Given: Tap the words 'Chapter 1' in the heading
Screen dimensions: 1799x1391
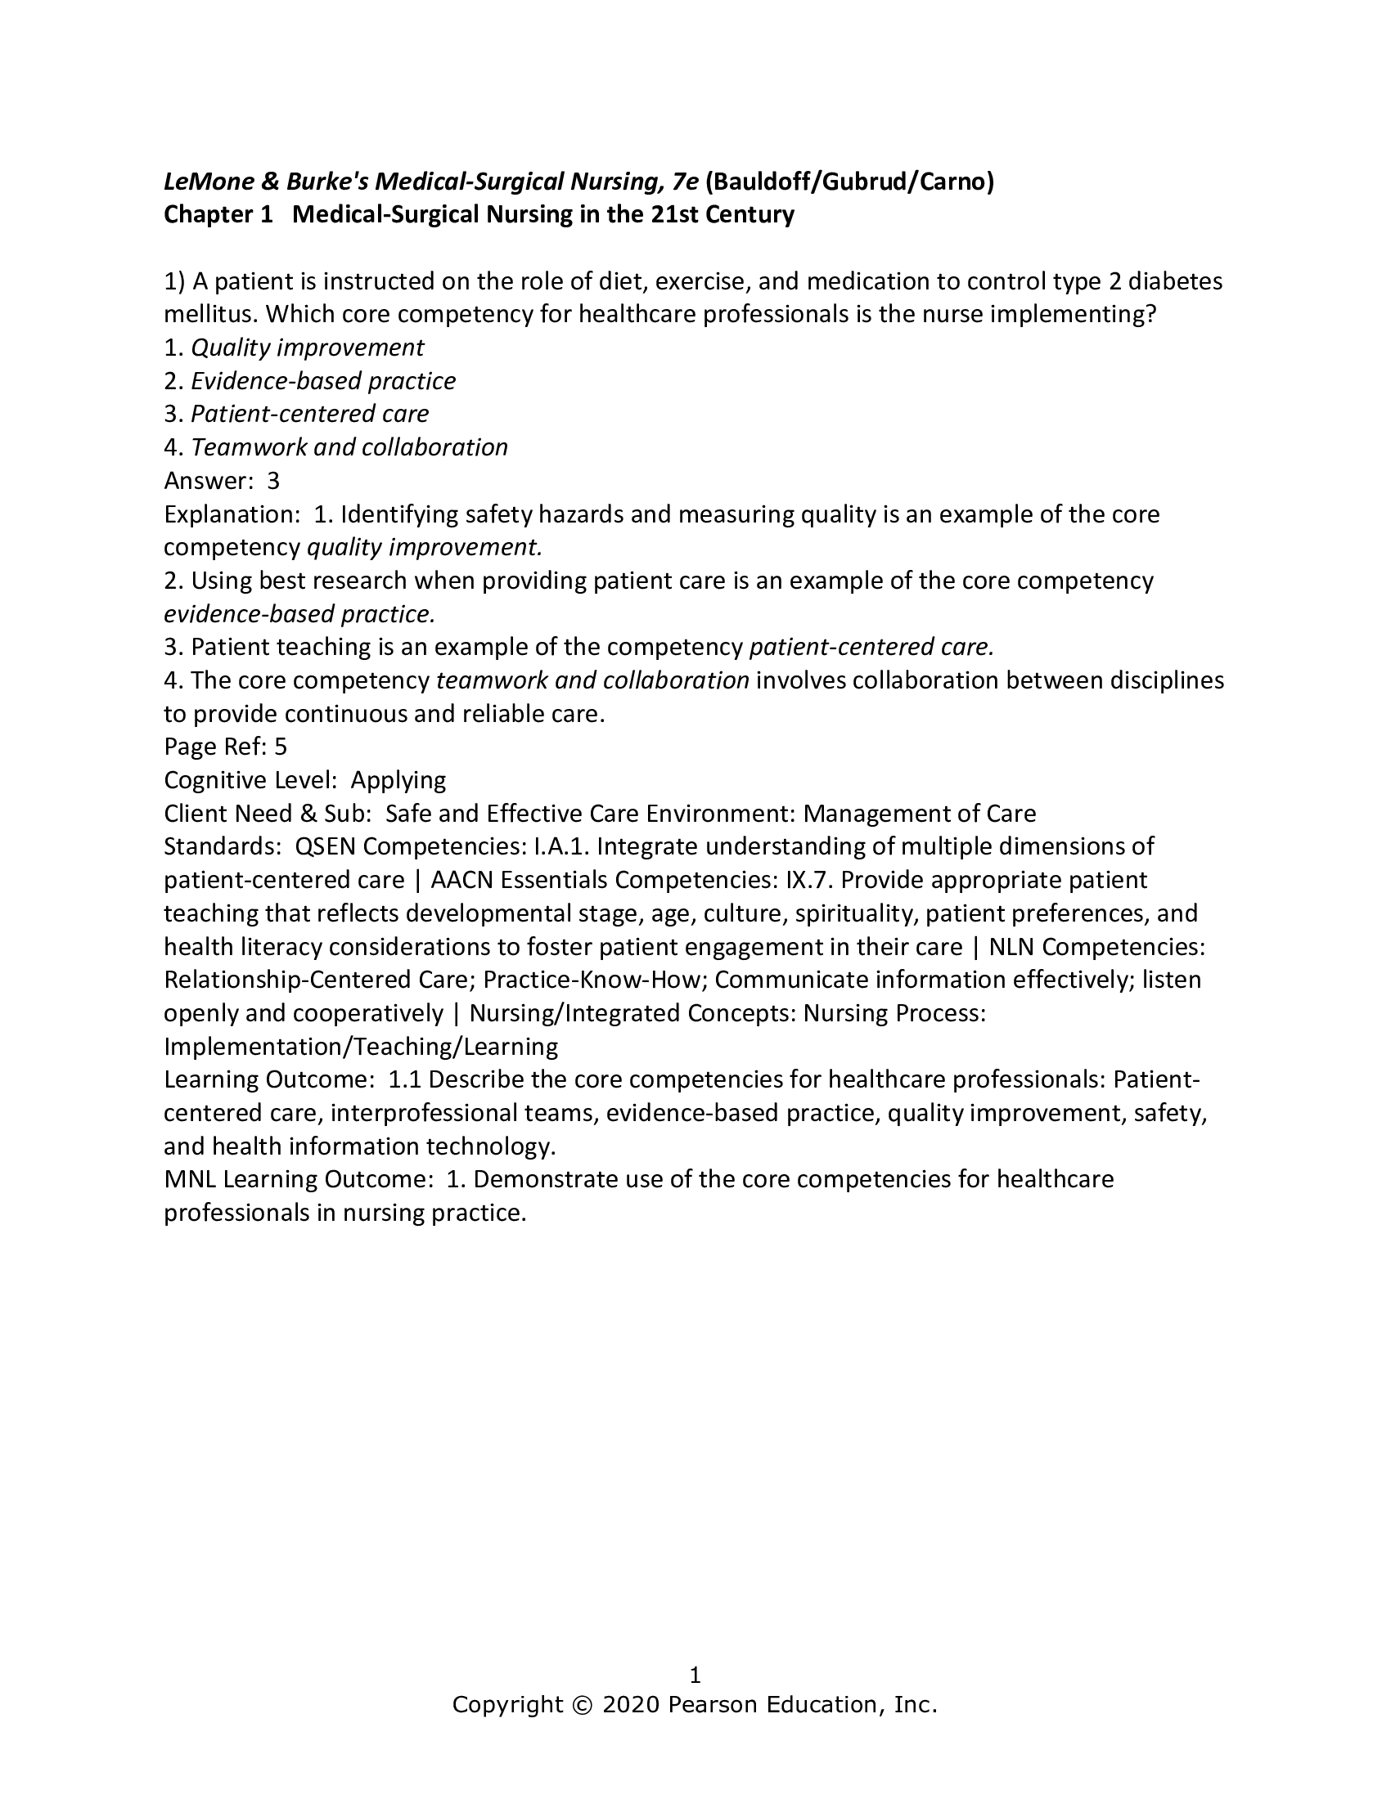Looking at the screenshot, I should (218, 214).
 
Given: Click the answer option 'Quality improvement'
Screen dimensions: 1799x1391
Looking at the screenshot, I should (308, 348).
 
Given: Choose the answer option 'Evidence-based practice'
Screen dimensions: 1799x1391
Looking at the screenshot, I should (323, 380).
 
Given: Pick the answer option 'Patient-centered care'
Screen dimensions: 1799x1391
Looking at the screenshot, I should (310, 414).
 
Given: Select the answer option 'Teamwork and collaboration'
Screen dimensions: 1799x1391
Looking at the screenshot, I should (349, 447).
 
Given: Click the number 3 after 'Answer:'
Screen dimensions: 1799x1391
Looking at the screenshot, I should (273, 480).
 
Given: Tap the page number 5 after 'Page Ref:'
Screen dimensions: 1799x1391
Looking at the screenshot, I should (280, 747).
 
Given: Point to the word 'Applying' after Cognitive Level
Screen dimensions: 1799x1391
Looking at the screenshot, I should (398, 780).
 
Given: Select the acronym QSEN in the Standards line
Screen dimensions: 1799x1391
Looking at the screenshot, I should (325, 846).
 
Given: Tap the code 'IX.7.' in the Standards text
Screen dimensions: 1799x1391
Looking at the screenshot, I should (808, 880).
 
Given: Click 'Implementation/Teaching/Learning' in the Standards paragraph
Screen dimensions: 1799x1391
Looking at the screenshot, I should (361, 1046).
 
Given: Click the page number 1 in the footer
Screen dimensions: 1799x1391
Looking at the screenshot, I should (695, 1675).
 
